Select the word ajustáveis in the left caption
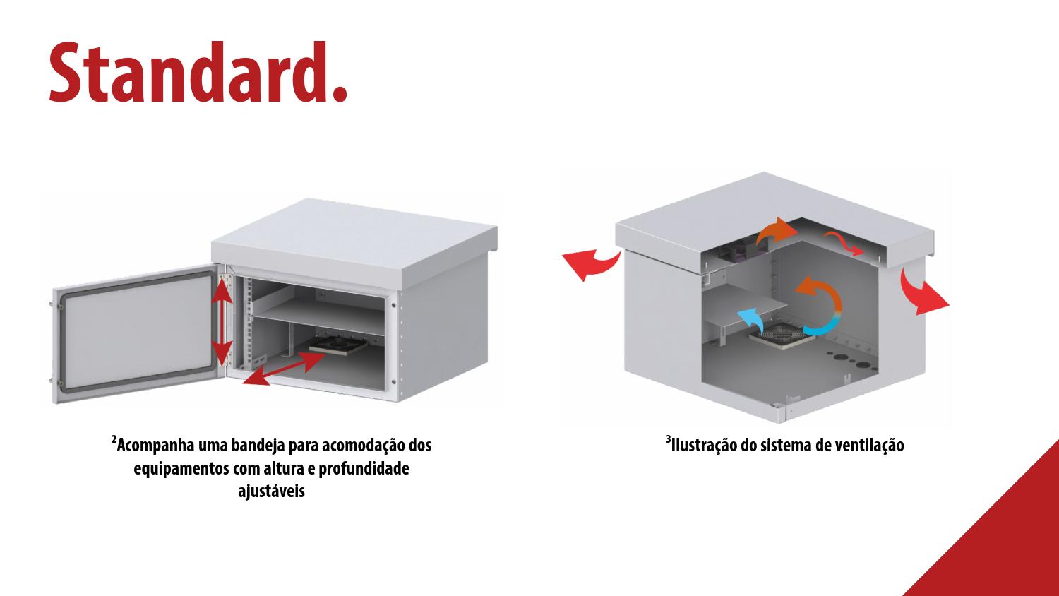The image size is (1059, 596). point(271,491)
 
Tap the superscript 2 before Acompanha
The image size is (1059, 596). point(114,441)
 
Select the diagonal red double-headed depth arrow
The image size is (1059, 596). point(284,369)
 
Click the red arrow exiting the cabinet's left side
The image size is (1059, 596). point(591,265)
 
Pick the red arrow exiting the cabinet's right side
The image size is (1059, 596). point(922,293)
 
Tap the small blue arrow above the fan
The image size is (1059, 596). point(752,321)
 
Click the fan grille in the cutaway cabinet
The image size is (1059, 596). point(780,336)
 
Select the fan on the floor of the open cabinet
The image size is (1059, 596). point(338,344)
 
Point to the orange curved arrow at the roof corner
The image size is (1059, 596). point(775,232)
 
